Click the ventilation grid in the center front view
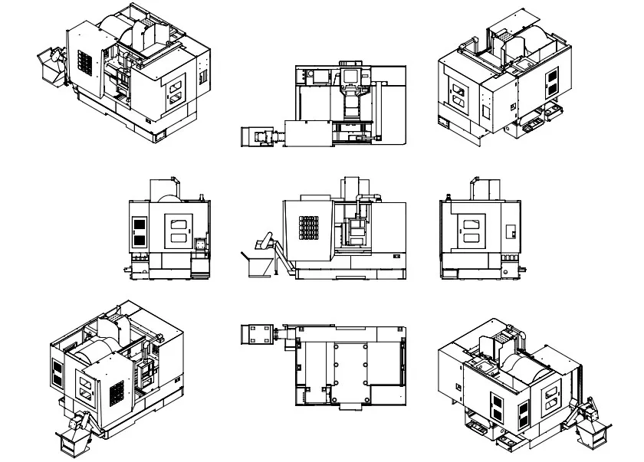[308, 228]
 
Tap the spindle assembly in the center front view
[355, 230]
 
